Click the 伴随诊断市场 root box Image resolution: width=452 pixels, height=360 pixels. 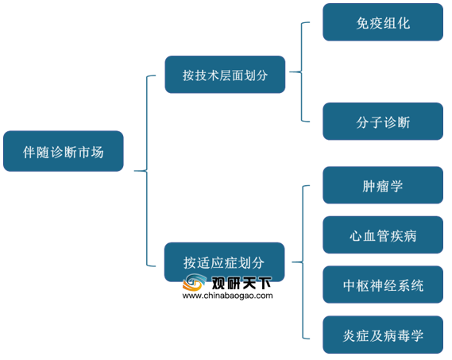coord(64,151)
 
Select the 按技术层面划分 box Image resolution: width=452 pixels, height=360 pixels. coord(225,75)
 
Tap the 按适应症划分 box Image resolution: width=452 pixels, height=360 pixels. coord(225,262)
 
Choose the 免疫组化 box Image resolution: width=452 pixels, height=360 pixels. coord(383,22)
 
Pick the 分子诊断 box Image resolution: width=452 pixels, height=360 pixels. coord(383,122)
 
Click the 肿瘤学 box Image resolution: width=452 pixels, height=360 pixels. coord(383,185)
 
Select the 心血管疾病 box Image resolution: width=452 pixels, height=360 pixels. coord(383,234)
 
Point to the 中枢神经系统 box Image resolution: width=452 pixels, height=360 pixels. coord(383,285)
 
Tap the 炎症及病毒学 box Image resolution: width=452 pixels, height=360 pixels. coord(383,335)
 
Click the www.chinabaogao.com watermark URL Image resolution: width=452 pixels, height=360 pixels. coord(227,296)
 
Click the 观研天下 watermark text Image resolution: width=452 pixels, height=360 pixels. coord(241,283)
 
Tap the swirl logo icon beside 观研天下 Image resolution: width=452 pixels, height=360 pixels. coord(195,282)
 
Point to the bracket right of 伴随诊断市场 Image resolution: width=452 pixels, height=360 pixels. coord(146,171)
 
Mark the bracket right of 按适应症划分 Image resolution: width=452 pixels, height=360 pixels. coord(303,262)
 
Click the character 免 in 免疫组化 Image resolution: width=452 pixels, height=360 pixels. coord(363,23)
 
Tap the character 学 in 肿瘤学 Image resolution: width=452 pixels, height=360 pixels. coord(396,186)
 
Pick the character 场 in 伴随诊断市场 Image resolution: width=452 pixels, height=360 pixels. coord(97,152)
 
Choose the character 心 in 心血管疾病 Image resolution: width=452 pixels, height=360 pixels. coord(356,236)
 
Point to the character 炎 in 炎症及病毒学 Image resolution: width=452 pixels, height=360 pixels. coord(349,336)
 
